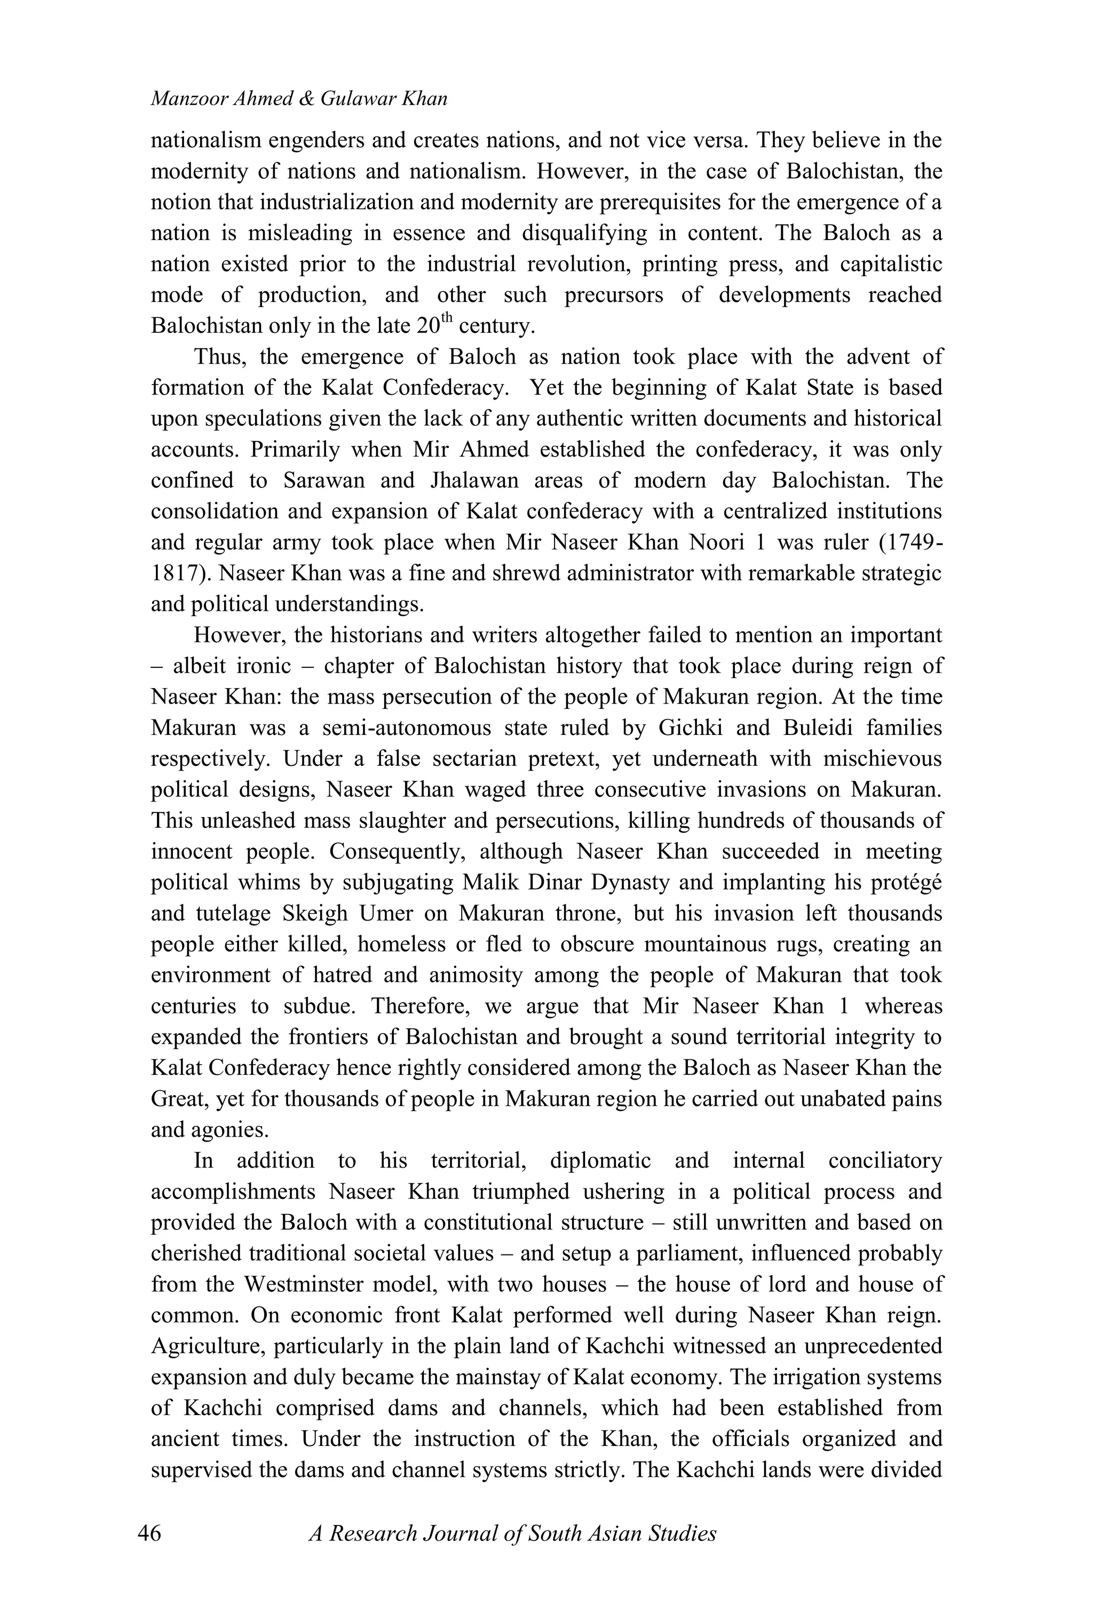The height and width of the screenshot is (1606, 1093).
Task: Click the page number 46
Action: (x=149, y=1533)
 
